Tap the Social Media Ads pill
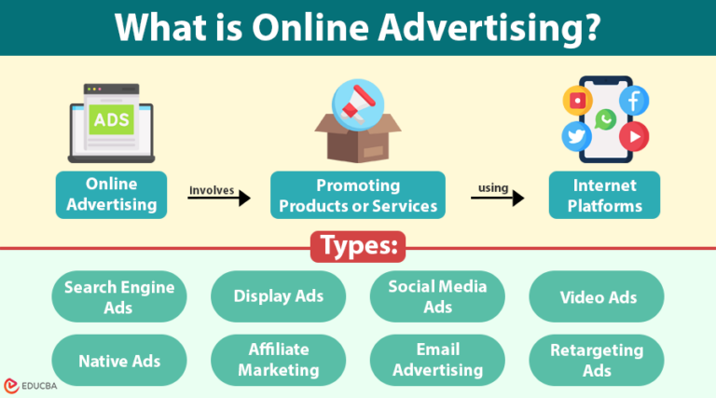tap(437, 296)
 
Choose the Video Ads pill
tap(597, 296)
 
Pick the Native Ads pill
tap(119, 360)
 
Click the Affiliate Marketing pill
tap(279, 360)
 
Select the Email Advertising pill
tap(437, 360)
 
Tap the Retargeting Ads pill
tap(597, 360)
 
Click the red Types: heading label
tap(359, 245)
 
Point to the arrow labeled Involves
tap(220, 197)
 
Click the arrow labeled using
tap(497, 197)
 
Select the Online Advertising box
tap(111, 194)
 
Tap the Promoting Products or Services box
tap(358, 194)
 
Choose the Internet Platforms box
tap(604, 194)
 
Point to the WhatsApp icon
tap(606, 118)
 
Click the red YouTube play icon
tap(634, 137)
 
